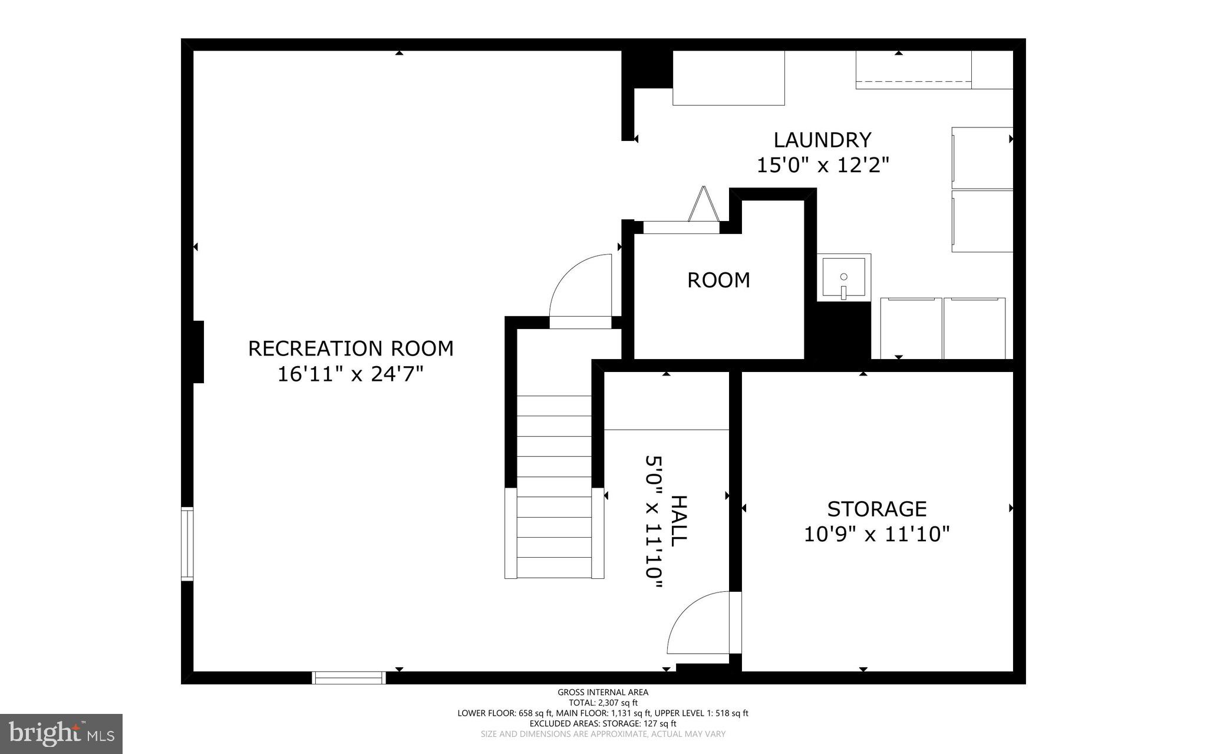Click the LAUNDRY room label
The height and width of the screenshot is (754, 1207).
(822, 140)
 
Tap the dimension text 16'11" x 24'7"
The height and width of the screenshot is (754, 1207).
(350, 374)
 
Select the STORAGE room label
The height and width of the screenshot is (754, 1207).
(876, 509)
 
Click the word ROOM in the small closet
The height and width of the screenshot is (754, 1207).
(718, 280)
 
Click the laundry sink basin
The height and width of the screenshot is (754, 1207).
(843, 277)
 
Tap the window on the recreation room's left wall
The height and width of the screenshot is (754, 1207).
(187, 544)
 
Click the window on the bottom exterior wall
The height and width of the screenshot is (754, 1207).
(349, 678)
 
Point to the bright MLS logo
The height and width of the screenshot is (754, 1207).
(61, 733)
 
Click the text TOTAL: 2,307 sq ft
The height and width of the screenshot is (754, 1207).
(603, 703)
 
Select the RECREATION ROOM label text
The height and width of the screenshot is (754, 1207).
(350, 348)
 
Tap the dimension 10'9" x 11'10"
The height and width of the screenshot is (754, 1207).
(876, 535)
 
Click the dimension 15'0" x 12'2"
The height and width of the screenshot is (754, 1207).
(822, 166)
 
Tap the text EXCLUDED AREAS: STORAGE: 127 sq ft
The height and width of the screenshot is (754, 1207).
(603, 723)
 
